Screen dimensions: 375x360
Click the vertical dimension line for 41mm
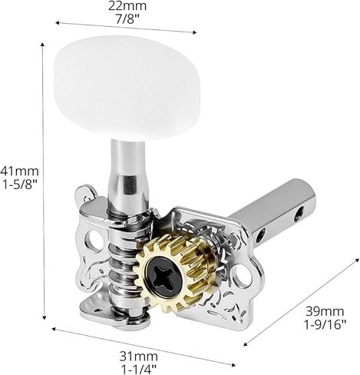[43, 184]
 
